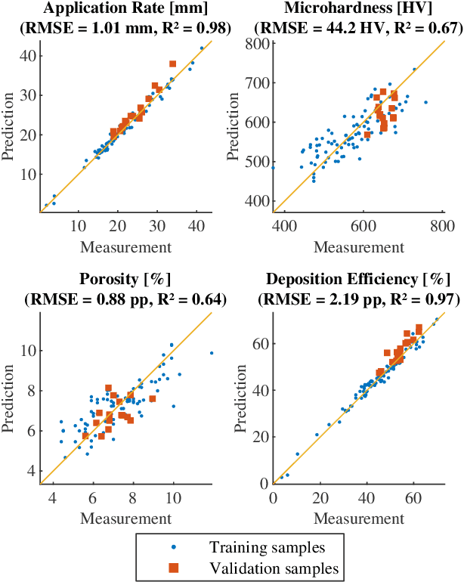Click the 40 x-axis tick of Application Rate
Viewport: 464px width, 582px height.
pyautogui.click(x=196, y=225)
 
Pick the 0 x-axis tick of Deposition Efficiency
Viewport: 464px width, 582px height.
pyautogui.click(x=273, y=497)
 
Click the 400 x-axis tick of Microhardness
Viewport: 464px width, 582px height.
pyautogui.click(x=284, y=225)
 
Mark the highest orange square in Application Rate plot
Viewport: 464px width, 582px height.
pyautogui.click(x=172, y=64)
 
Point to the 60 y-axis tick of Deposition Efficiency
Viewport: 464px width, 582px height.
pyautogui.click(x=261, y=344)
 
